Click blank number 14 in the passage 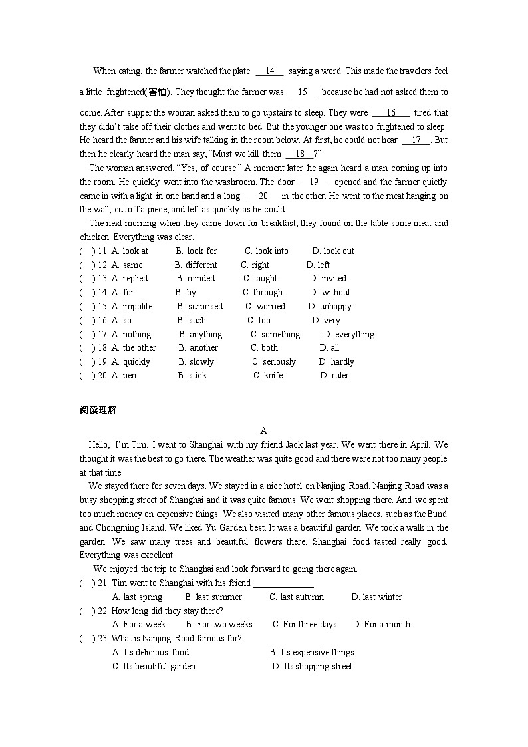coord(269,71)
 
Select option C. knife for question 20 coord(268,376)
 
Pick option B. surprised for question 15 coord(200,307)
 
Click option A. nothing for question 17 coord(131,335)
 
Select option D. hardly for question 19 coord(336,362)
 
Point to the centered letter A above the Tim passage coord(264,431)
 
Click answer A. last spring coord(138,597)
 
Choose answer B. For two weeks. coord(220,625)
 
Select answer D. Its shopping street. coord(313,667)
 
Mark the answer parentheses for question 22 coord(87,611)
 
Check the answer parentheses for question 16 coord(87,321)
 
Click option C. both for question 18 coord(264,348)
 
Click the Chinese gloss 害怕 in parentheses coord(158,92)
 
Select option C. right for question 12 coord(255,265)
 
